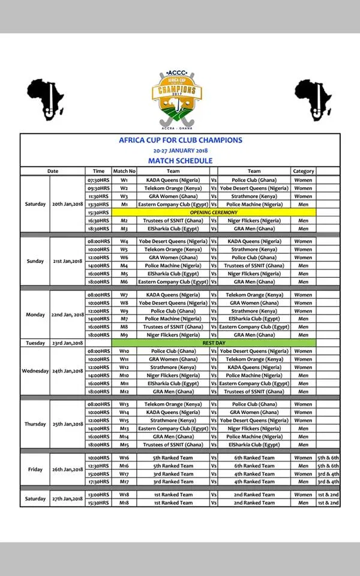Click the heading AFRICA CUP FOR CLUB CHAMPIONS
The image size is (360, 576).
(180, 140)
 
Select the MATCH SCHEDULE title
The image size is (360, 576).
(180, 161)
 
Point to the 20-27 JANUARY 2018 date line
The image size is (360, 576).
(180, 151)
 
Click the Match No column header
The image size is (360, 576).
(124, 171)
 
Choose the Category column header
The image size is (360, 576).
(303, 171)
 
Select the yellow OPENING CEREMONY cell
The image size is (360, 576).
(213, 212)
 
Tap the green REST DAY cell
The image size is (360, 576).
(213, 343)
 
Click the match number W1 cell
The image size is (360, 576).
(124, 179)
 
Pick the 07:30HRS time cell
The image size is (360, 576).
(98, 179)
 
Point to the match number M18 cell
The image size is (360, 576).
(124, 502)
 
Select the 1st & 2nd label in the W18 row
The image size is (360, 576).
(328, 494)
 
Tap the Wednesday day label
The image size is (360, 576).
(35, 371)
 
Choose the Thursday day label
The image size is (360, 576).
(35, 424)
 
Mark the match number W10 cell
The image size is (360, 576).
(124, 351)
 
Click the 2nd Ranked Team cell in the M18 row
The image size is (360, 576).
(254, 502)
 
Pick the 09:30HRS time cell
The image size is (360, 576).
(98, 188)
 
